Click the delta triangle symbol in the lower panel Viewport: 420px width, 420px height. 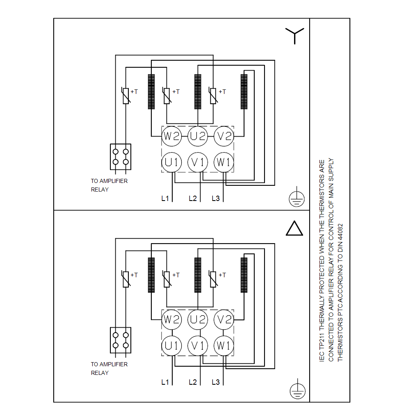click(294, 229)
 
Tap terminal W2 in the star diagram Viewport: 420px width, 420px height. click(171, 136)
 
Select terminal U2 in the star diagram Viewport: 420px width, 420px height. click(198, 136)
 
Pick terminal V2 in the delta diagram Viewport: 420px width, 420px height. click(224, 320)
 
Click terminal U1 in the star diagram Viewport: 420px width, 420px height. click(171, 162)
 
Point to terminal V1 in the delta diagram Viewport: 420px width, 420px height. click(198, 346)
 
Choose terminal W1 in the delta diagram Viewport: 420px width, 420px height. click(224, 346)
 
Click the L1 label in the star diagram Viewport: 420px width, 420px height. click(165, 199)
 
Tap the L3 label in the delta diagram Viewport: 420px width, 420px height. click(216, 382)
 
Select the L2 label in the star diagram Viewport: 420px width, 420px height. click(193, 199)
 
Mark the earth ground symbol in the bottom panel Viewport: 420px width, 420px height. click(297, 390)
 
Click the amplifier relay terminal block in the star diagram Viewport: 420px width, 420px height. click(121, 157)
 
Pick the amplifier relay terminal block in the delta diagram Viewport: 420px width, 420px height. click(121, 340)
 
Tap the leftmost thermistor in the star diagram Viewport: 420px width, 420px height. click(126, 96)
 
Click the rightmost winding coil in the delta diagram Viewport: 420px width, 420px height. click(244, 275)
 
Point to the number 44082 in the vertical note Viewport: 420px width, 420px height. click(340, 235)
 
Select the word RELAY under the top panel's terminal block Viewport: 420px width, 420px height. click(100, 189)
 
